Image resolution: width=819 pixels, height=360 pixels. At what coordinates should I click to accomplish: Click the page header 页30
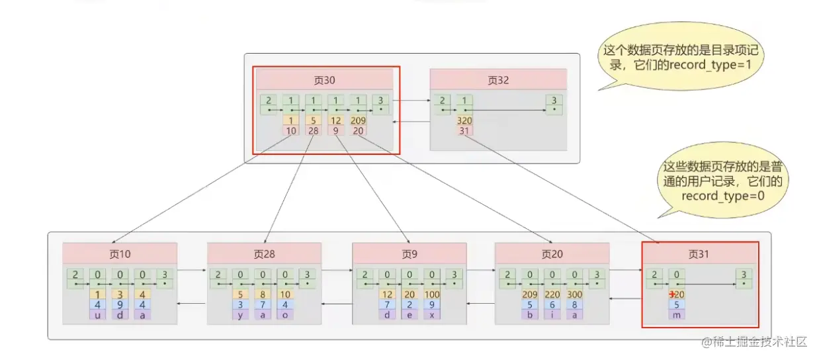tap(324, 80)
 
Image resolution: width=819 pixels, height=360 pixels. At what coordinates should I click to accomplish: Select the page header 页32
tap(498, 80)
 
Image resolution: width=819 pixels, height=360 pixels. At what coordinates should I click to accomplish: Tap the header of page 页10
tap(120, 254)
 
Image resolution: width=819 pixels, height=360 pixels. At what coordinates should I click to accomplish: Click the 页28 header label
tap(264, 254)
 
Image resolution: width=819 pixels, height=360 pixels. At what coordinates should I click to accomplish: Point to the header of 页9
tap(409, 254)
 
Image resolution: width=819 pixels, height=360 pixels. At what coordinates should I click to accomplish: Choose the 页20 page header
tap(552, 254)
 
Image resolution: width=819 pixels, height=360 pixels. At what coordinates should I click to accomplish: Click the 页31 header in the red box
tap(700, 254)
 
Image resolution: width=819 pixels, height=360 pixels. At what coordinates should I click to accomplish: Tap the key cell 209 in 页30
tap(359, 121)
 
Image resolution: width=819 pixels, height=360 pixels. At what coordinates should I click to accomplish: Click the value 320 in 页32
tap(464, 121)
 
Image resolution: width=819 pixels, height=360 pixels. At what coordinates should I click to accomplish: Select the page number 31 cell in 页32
tap(464, 131)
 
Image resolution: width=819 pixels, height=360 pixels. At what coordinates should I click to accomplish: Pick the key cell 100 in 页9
tap(433, 294)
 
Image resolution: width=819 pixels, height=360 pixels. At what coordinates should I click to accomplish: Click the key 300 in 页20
tap(576, 294)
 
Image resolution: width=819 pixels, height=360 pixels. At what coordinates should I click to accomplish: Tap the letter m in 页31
tap(677, 314)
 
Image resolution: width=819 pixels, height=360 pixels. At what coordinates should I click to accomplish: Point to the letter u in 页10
tap(97, 314)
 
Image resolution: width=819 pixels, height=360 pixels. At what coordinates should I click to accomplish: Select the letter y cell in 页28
tap(241, 314)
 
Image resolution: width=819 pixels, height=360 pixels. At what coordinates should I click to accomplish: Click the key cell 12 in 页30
tap(336, 121)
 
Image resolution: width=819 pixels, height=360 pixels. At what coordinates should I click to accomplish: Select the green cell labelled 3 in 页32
tap(553, 105)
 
